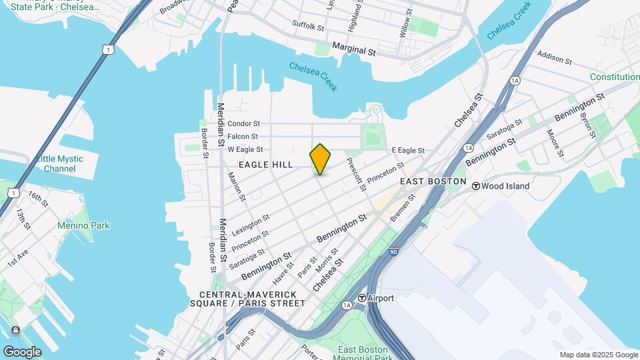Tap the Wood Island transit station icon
tap(476, 186)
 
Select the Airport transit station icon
tap(362, 298)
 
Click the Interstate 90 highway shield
tap(394, 251)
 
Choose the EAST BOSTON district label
tap(433, 181)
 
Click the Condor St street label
tap(243, 124)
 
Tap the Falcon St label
tap(243, 137)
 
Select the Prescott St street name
tap(355, 173)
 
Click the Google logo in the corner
tap(22, 351)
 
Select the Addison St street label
tap(554, 58)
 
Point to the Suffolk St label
tap(308, 27)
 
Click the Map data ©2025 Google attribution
tap(598, 355)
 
